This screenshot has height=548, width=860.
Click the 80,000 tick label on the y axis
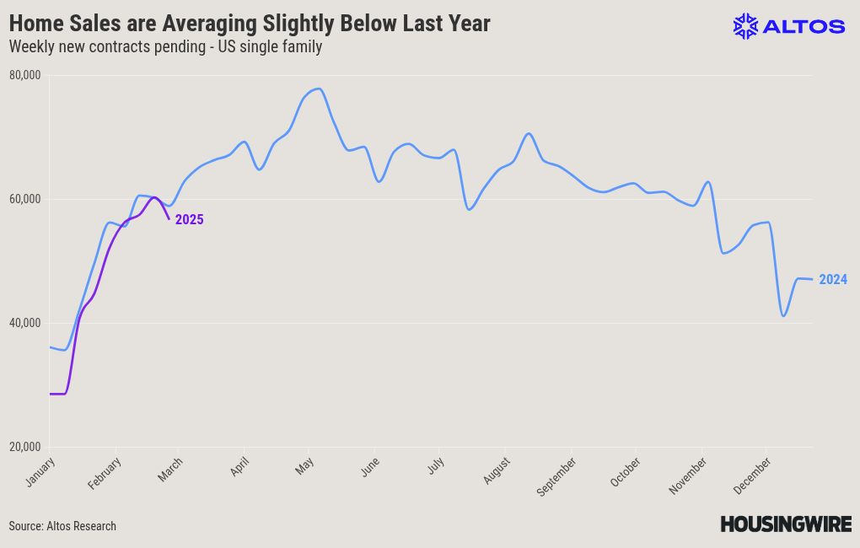(24, 75)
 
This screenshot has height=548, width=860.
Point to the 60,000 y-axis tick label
(24, 199)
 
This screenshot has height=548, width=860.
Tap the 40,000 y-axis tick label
(24, 323)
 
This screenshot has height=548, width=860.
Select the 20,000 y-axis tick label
(24, 447)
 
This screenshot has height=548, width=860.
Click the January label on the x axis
(40, 471)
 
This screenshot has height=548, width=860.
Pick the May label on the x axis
(305, 465)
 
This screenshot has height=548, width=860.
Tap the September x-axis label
(556, 476)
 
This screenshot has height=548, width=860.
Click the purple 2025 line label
(190, 220)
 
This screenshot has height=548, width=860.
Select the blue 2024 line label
(833, 280)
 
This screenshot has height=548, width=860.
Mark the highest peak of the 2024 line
(318, 89)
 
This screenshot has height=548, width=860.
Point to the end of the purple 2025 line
(169, 219)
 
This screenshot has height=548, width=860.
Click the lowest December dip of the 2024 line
(783, 316)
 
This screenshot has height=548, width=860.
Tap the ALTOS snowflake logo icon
(745, 26)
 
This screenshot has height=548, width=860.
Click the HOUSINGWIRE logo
(786, 524)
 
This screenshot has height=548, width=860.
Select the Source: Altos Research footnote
(62, 526)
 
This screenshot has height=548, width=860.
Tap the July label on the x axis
(436, 466)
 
